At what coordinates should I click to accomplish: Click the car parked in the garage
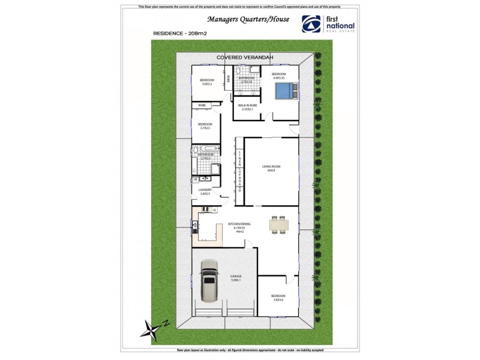pyautogui.click(x=209, y=280)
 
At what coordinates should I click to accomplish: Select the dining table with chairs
pyautogui.click(x=279, y=224)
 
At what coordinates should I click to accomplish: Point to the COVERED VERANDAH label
pyautogui.click(x=245, y=57)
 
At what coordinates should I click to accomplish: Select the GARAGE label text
pyautogui.click(x=236, y=278)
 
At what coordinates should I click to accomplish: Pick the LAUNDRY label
pyautogui.click(x=206, y=191)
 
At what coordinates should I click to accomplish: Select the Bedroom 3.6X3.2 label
pyautogui.click(x=207, y=82)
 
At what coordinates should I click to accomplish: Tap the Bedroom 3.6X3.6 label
pyautogui.click(x=278, y=298)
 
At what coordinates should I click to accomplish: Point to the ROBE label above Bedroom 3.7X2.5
pyautogui.click(x=202, y=105)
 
